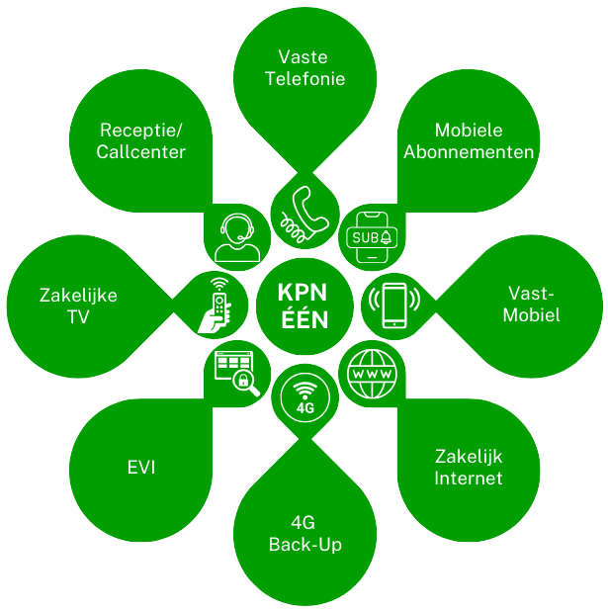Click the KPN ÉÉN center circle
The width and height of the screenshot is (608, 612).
tap(304, 306)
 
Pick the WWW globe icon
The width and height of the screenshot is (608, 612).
tap(371, 375)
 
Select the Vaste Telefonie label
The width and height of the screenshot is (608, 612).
tap(304, 68)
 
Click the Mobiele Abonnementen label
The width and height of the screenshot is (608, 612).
tap(469, 141)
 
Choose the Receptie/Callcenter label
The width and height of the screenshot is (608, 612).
tap(142, 141)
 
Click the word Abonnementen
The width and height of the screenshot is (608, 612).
tap(469, 152)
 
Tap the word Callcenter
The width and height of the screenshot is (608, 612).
tap(142, 152)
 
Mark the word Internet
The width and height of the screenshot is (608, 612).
tap(469, 479)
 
